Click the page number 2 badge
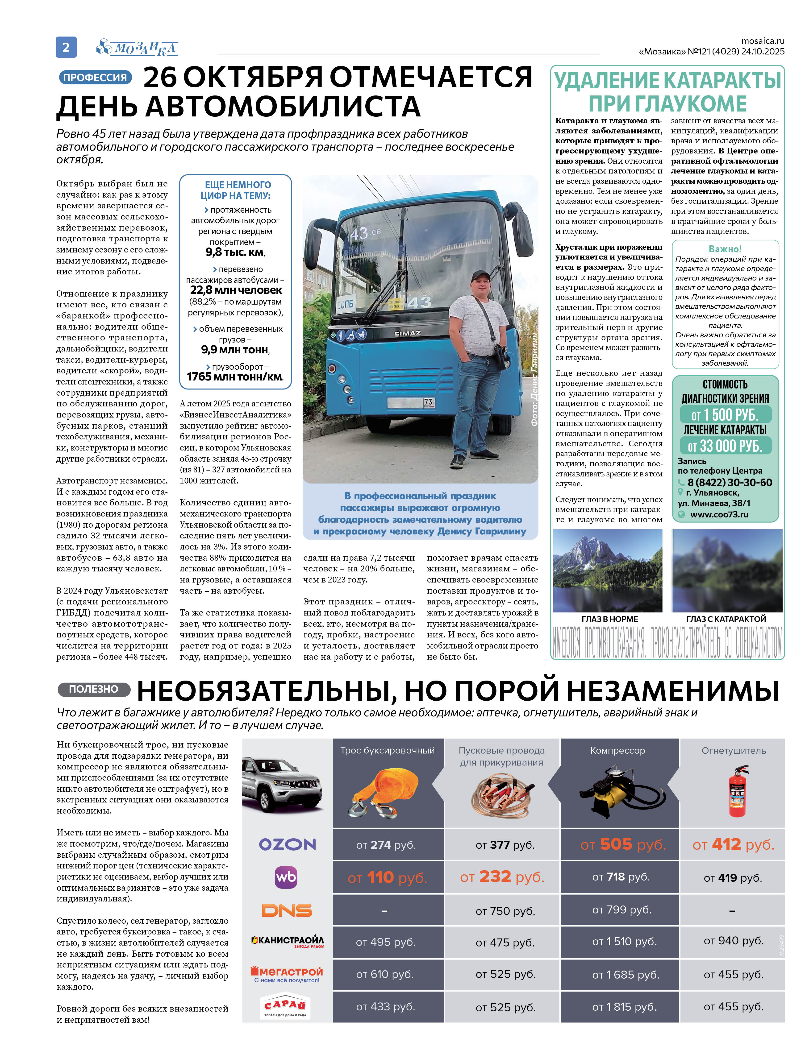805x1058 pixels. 66,47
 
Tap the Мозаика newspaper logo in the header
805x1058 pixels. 138,47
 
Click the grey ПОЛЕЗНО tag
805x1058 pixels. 93,689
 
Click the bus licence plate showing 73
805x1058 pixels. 428,402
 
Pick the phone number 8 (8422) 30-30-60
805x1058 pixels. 729,482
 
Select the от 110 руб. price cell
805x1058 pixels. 387,877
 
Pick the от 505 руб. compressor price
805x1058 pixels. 623,844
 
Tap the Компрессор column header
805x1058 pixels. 618,751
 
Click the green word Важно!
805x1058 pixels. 725,249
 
